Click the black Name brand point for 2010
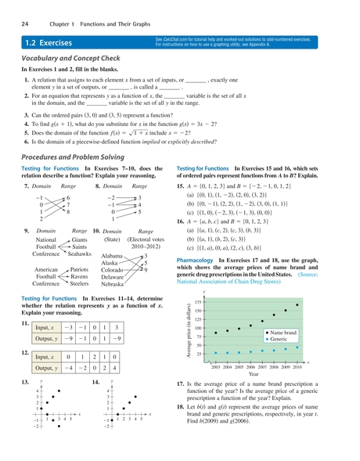point(297,304)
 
